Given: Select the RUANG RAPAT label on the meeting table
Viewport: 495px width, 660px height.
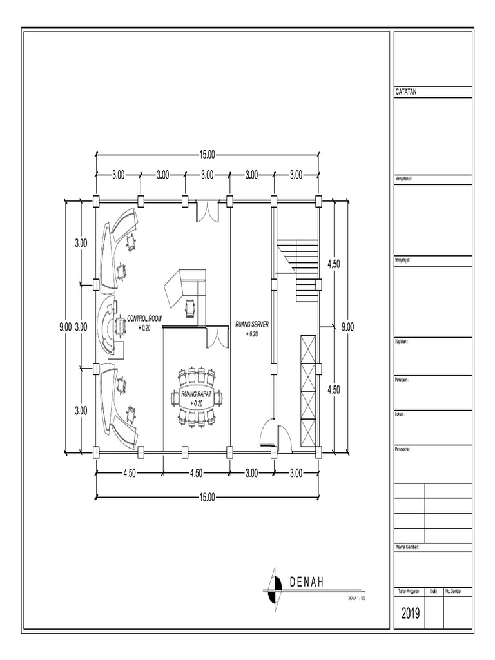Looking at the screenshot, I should pyautogui.click(x=197, y=394).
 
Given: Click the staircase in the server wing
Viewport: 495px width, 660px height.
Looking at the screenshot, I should pyautogui.click(x=298, y=258).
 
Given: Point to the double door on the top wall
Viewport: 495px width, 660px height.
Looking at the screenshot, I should pyautogui.click(x=207, y=211).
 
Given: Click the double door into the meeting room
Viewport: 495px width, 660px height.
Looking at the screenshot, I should pyautogui.click(x=218, y=337).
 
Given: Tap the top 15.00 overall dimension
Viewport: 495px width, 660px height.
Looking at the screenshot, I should pyautogui.click(x=207, y=155).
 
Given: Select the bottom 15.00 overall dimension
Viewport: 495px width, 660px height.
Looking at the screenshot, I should pyautogui.click(x=207, y=497).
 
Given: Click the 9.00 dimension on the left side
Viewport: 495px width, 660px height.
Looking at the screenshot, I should pyautogui.click(x=65, y=327).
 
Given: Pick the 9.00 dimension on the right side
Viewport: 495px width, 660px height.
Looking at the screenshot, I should pyautogui.click(x=347, y=327).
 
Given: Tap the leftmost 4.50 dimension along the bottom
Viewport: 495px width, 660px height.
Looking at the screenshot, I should pyautogui.click(x=129, y=473).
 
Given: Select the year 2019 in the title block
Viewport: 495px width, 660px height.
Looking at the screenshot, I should pyautogui.click(x=409, y=614).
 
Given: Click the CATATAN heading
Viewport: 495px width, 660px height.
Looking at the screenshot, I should pyautogui.click(x=406, y=92).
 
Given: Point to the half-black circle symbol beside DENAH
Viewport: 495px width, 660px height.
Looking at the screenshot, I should pyautogui.click(x=277, y=583).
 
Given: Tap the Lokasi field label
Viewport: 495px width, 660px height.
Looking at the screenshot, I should pyautogui.click(x=400, y=414).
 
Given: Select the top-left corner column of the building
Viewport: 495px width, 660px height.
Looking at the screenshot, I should pyautogui.click(x=96, y=200).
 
